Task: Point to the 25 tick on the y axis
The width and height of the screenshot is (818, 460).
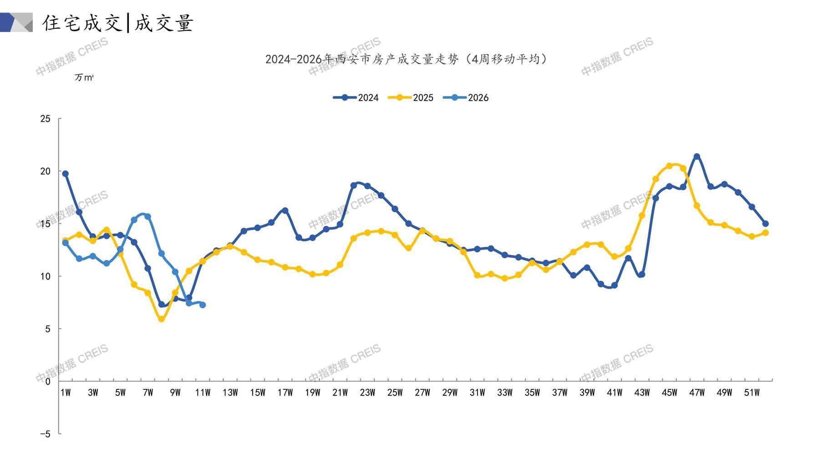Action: click(46, 119)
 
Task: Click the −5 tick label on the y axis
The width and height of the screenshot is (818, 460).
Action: click(45, 434)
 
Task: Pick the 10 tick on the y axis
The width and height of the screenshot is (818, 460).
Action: click(46, 276)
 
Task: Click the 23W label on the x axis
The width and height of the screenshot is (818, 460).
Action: click(367, 393)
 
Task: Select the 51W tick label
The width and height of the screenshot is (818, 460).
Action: click(752, 393)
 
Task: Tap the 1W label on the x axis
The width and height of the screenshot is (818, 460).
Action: click(66, 393)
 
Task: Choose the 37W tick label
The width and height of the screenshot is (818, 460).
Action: click(559, 393)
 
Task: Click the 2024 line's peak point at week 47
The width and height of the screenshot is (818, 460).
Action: click(696, 157)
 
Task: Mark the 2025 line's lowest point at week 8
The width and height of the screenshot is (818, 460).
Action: click(162, 319)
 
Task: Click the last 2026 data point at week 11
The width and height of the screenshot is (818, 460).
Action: click(203, 305)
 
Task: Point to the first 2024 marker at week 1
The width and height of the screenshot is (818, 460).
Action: click(66, 174)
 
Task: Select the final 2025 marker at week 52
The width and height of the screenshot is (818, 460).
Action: click(765, 233)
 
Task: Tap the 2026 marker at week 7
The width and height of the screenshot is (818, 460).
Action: click(148, 217)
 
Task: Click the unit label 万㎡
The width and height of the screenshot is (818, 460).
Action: click(84, 77)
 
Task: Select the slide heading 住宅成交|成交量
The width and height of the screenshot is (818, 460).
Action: click(118, 23)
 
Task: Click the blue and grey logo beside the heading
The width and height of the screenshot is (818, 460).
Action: click(16, 22)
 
